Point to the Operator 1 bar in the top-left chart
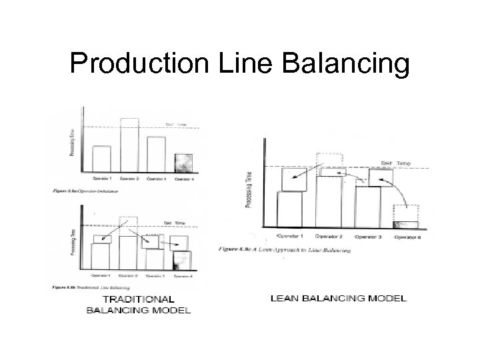[x=101, y=159]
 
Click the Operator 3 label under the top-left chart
[x=157, y=179]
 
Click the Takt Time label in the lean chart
[x=396, y=162]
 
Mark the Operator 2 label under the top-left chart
[x=129, y=179]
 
